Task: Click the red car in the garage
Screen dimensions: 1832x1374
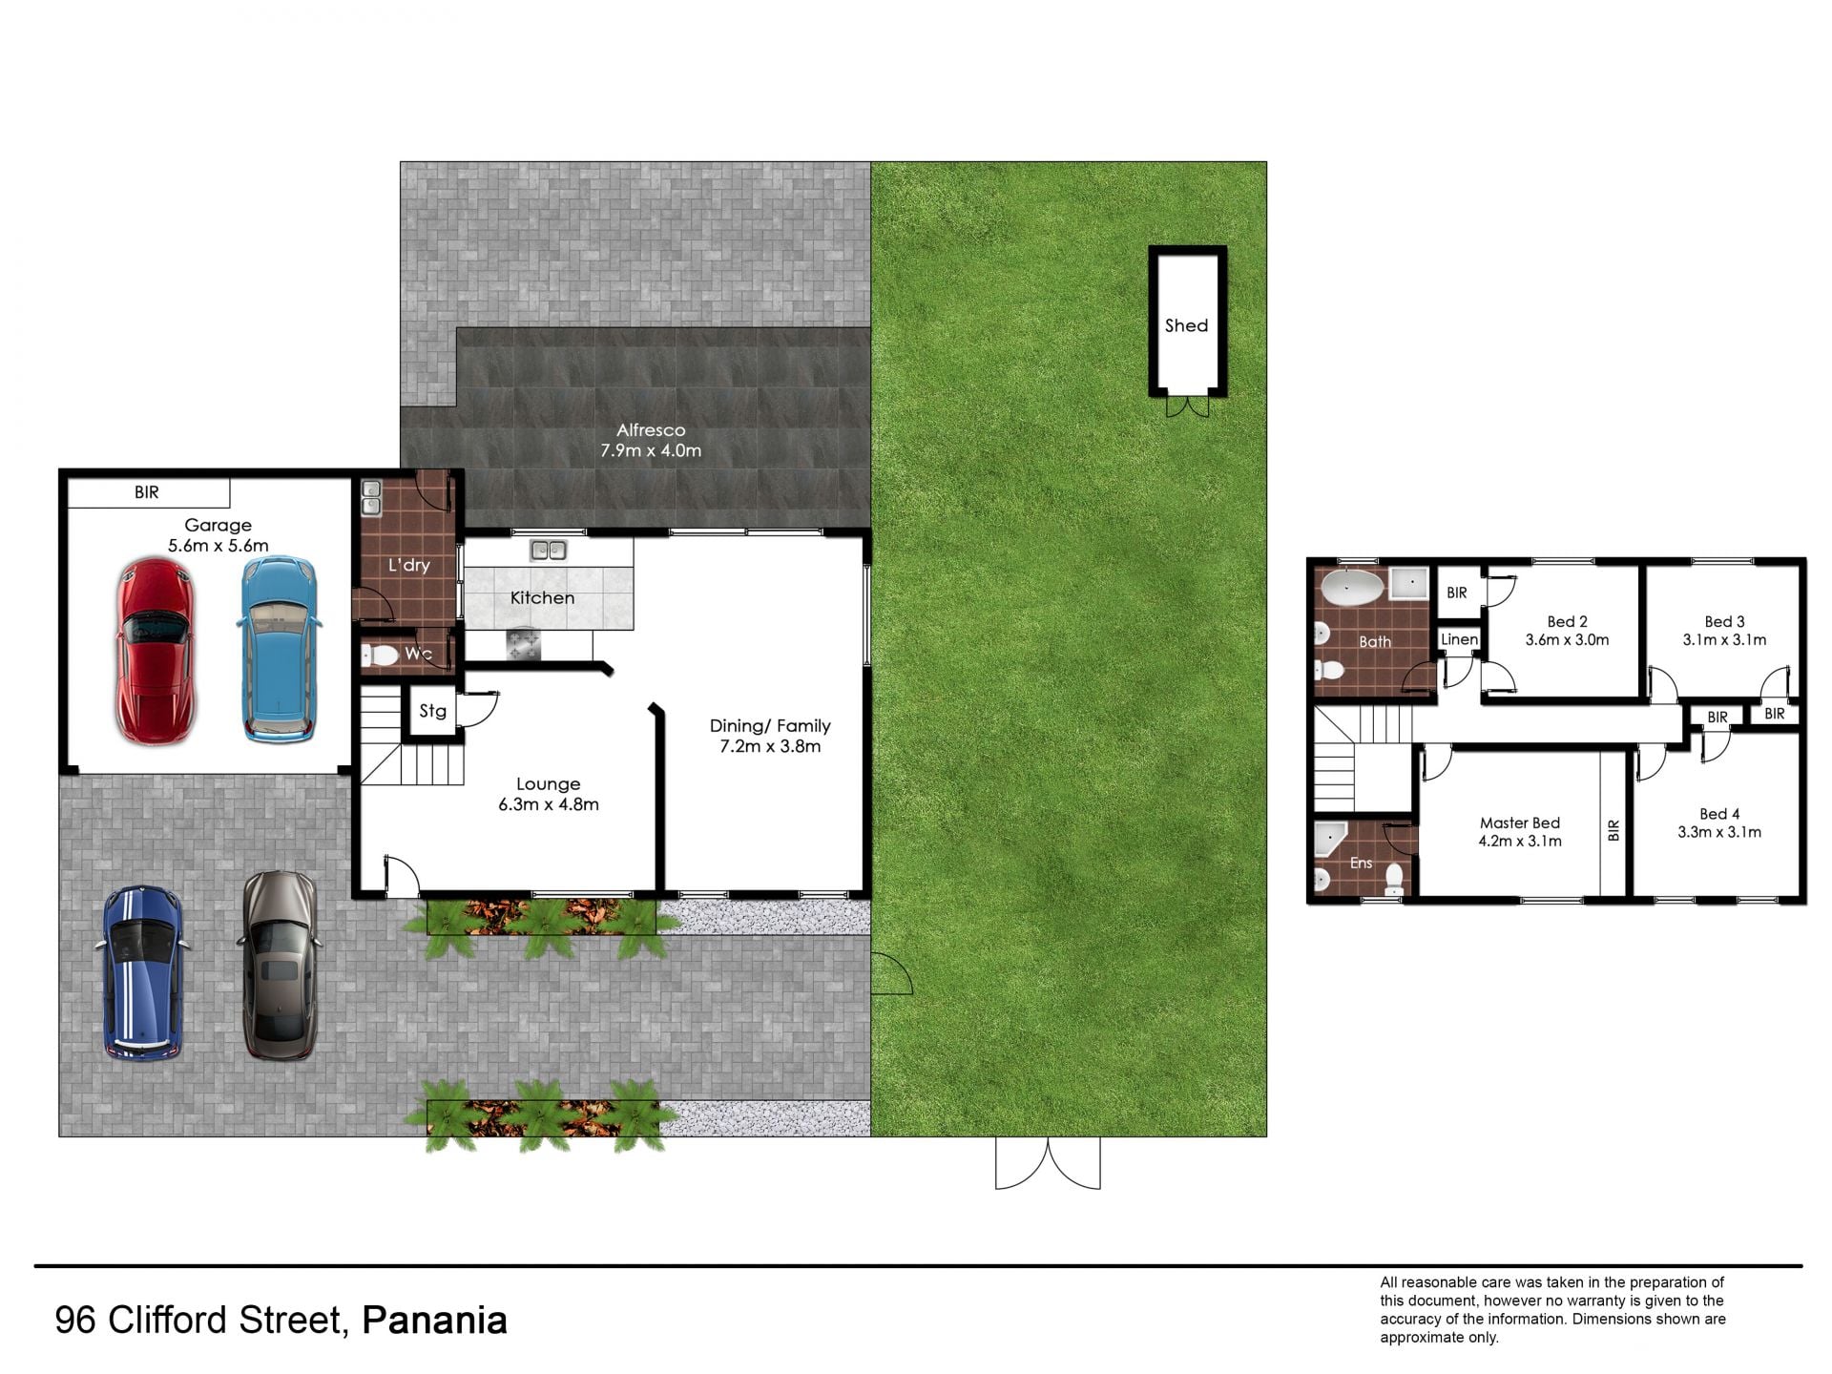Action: [156, 652]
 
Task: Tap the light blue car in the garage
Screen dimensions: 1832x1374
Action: [277, 650]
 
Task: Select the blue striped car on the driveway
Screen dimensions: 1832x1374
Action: [139, 973]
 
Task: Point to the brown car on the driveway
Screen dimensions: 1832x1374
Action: [279, 966]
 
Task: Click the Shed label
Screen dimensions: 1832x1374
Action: [1186, 325]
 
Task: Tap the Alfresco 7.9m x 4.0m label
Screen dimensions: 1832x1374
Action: [651, 440]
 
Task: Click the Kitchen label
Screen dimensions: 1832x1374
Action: [542, 598]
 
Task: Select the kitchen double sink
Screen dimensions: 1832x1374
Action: [549, 550]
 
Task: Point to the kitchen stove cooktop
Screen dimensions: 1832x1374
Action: [523, 644]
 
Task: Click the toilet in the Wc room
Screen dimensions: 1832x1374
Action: [380, 656]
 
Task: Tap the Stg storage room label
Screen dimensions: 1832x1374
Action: [432, 711]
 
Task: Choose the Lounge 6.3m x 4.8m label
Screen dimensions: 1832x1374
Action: [549, 794]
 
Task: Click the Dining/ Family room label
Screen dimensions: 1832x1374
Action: [770, 726]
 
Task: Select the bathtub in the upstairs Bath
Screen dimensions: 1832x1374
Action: [1351, 587]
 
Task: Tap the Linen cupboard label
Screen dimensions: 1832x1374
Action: [1460, 639]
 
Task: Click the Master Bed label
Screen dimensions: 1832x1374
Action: [1520, 822]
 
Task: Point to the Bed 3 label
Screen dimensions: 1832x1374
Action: [1724, 621]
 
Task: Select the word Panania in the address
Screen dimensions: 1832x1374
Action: [435, 1321]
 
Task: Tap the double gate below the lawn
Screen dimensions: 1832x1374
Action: [1048, 1163]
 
